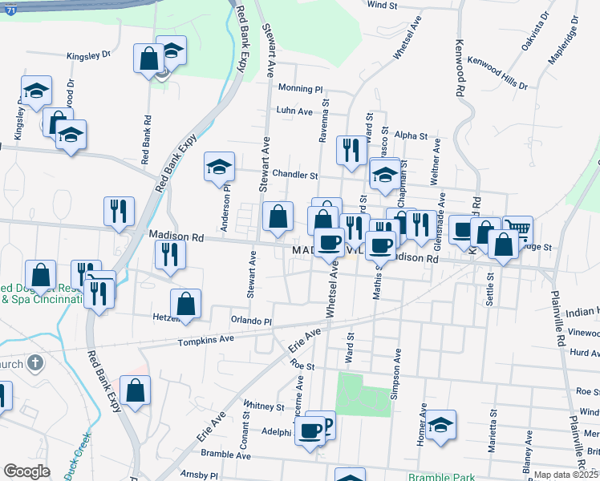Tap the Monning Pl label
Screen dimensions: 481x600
(300, 89)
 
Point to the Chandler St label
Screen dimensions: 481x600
(295, 175)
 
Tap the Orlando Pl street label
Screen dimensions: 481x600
(252, 321)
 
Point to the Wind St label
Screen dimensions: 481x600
(382, 5)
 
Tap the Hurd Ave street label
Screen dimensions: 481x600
(584, 352)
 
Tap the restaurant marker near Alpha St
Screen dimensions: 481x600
(351, 151)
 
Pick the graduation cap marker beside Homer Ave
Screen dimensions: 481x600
(440, 424)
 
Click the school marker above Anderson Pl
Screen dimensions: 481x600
(219, 167)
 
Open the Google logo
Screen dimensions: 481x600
(26, 471)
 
